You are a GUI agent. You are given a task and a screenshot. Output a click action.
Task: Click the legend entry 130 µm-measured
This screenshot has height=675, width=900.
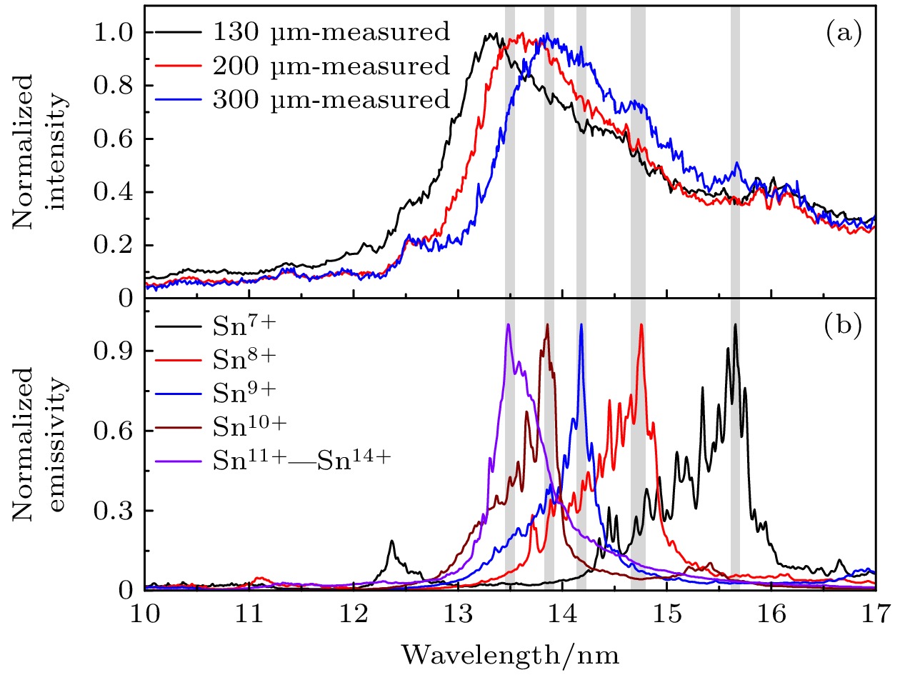tap(330, 32)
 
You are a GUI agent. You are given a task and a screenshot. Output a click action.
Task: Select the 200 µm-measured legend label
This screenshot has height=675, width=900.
tap(330, 66)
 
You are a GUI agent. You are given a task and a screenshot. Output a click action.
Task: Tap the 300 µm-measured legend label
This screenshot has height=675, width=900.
tap(330, 101)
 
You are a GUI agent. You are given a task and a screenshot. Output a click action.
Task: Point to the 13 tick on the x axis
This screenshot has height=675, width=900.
tap(458, 614)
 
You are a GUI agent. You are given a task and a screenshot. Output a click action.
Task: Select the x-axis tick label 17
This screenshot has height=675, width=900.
tap(876, 614)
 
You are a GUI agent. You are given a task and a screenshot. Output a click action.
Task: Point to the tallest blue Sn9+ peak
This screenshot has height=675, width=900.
tap(581, 325)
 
